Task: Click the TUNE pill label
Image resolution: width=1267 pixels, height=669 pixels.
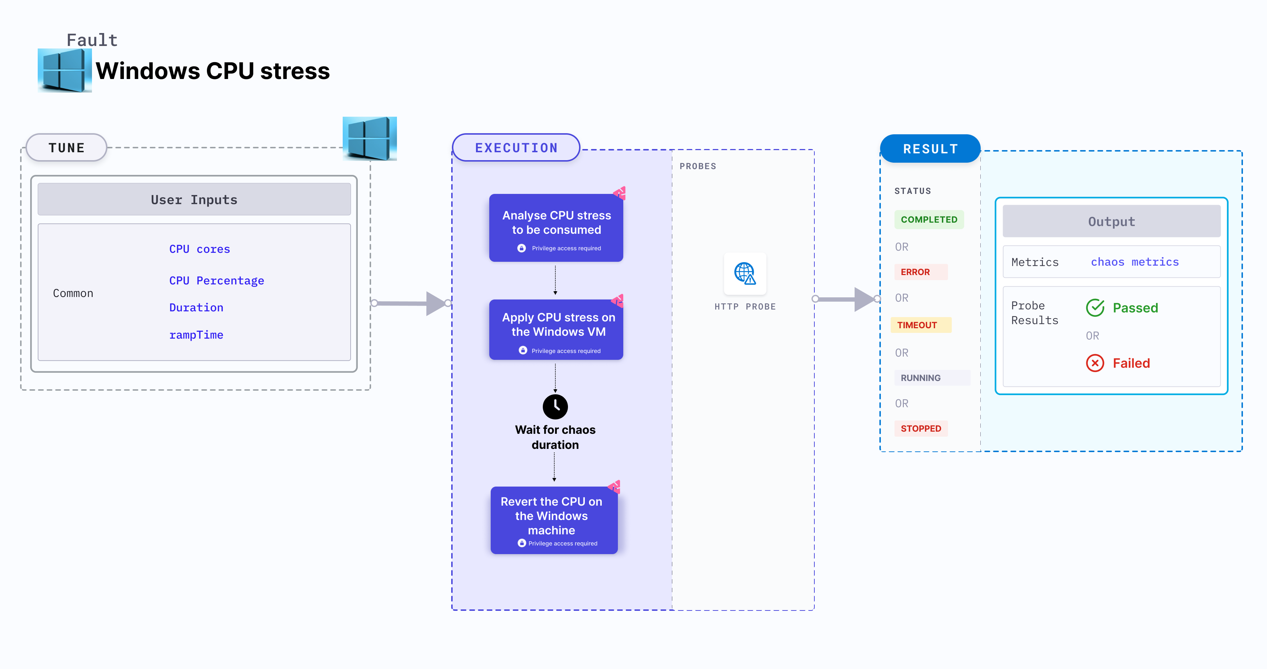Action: pos(66,148)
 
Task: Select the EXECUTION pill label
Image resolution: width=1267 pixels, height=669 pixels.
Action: pos(516,148)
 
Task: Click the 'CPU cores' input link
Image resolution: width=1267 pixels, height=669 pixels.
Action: pos(199,249)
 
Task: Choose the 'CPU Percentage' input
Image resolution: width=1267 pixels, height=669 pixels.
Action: pos(216,281)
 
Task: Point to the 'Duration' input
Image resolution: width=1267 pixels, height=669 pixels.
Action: pos(196,308)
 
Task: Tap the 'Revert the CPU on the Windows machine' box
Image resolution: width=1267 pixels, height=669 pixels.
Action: pos(554,520)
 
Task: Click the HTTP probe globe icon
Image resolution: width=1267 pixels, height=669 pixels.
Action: pos(745,273)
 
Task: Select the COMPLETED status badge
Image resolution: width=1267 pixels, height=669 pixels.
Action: pos(929,220)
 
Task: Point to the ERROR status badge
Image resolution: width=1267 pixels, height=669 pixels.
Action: pos(915,272)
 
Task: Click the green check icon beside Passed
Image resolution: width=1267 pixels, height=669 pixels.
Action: pos(1095,308)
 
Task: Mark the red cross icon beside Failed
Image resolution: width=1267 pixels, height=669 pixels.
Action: pos(1095,363)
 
